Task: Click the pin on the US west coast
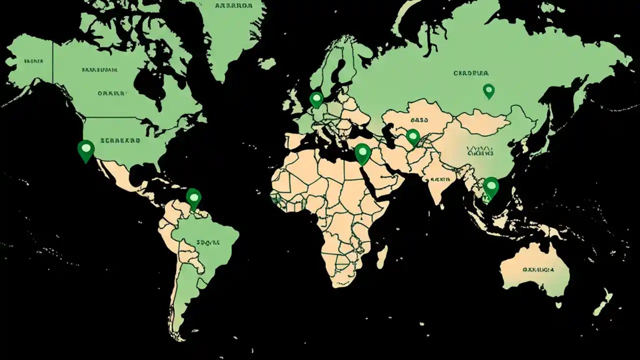click(86, 149)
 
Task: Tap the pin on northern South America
click(193, 197)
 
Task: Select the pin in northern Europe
click(316, 98)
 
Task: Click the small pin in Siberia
click(488, 90)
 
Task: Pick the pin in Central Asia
click(412, 136)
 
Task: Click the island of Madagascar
click(381, 256)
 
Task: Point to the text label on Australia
click(538, 269)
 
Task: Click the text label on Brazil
click(208, 242)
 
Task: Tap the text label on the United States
click(120, 141)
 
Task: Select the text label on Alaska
click(33, 61)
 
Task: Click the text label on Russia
click(470, 73)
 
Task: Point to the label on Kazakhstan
click(420, 120)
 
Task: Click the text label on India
click(439, 178)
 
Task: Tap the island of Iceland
click(267, 63)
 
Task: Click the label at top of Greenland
click(233, 6)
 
